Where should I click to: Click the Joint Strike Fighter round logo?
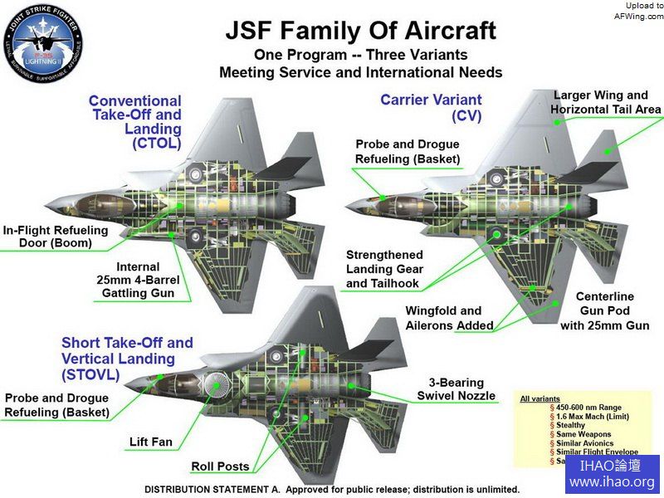pos(43,43)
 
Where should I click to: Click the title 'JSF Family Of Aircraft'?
pos(361,32)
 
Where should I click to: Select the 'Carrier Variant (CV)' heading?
pos(420,107)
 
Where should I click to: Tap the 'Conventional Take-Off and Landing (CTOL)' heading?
pos(135,122)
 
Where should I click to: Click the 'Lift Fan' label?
pos(151,442)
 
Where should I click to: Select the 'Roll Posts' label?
pos(221,466)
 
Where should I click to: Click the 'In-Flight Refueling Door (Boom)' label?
pos(55,237)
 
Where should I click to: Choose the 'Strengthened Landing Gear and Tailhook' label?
pos(384,269)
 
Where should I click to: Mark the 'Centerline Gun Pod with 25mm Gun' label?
pos(604,310)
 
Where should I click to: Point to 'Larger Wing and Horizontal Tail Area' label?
pos(607,102)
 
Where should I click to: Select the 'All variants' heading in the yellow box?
pos(539,399)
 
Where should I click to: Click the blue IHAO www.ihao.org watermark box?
pos(612,474)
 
